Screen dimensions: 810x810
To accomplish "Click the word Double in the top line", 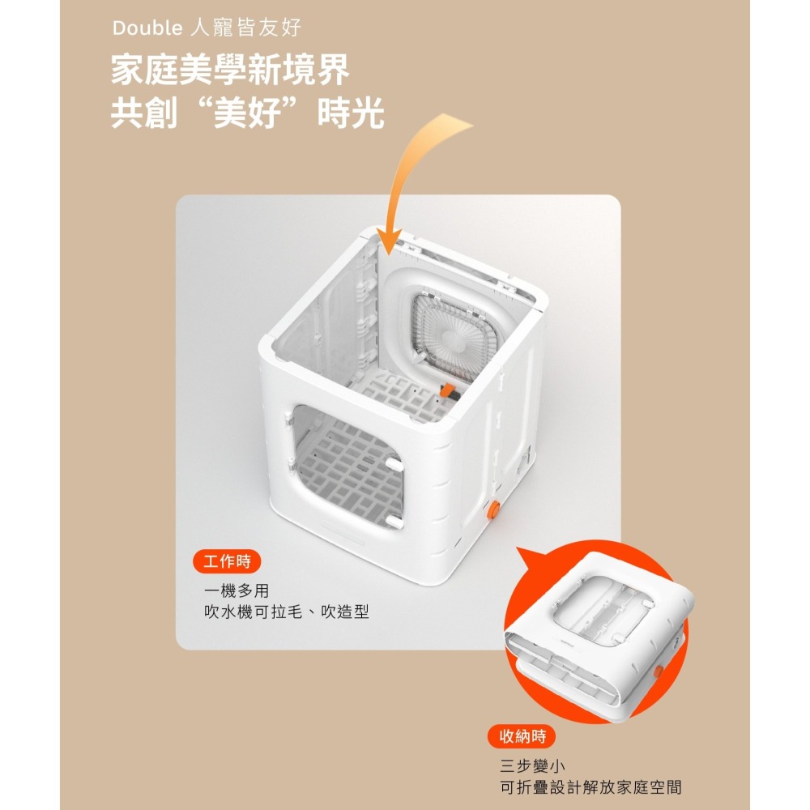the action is tap(147, 28).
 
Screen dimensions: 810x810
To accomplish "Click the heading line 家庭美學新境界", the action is tap(230, 70).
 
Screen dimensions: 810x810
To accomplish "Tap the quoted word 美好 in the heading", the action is tap(247, 112).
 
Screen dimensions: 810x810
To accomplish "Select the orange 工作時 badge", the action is tap(227, 561).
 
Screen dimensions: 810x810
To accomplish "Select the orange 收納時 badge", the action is tap(522, 736).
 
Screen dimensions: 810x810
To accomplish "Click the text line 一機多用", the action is tap(236, 590).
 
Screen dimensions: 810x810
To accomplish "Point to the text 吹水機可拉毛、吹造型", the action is tap(286, 612).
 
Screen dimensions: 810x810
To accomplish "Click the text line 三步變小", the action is tap(532, 765).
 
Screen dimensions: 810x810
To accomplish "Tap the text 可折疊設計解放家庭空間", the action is tap(590, 787).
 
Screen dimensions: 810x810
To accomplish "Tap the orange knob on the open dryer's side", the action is tap(494, 509).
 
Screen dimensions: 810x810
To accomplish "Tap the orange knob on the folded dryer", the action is tap(658, 672).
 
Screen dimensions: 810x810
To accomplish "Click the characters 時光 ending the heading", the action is tap(351, 113).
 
